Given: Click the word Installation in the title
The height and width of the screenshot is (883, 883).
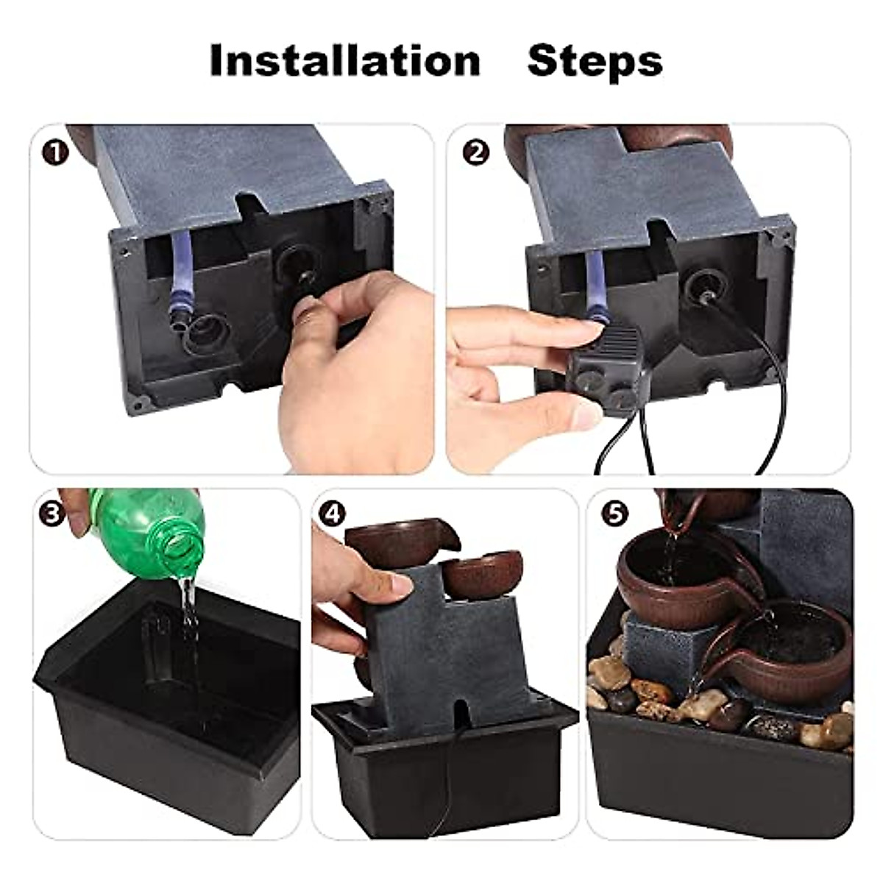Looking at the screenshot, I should coord(344,60).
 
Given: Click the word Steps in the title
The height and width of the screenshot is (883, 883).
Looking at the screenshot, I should coord(595,60).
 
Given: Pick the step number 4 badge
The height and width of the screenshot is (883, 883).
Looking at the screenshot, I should coord(335,513).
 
